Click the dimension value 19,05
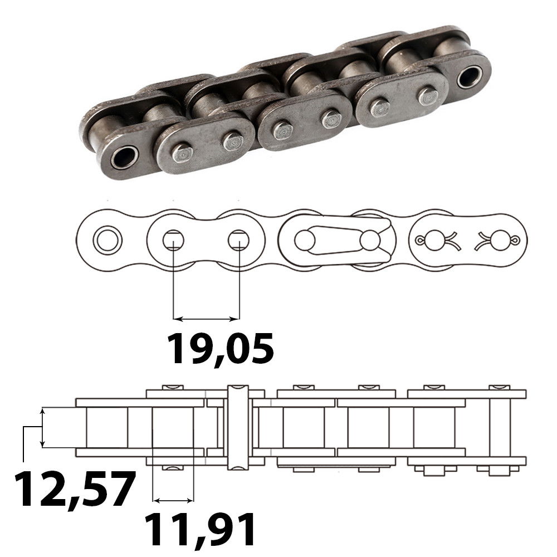pyautogui.click(x=221, y=348)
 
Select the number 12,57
pyautogui.click(x=75, y=488)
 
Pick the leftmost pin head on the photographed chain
pyautogui.click(x=181, y=153)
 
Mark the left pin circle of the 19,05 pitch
pyautogui.click(x=173, y=240)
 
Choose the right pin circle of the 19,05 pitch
pyautogui.click(x=238, y=240)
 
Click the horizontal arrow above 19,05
pyautogui.click(x=206, y=319)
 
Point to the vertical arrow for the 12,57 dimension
pyautogui.click(x=42, y=427)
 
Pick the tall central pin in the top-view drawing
pyautogui.click(x=237, y=427)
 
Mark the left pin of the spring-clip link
pyautogui.click(x=305, y=241)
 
